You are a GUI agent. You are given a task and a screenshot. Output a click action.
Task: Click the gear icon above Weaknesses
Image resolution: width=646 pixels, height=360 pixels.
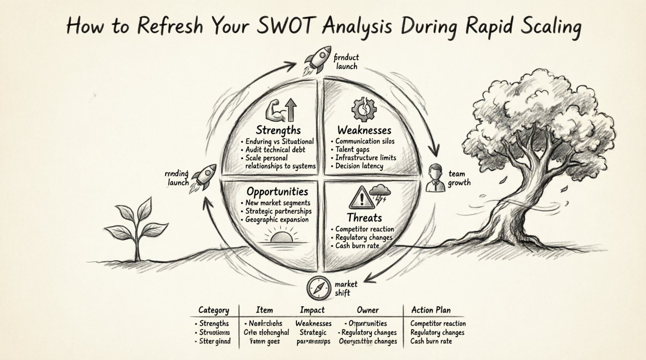pos(364,110)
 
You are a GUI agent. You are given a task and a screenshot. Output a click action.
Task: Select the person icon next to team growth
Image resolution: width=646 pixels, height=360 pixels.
pos(436,178)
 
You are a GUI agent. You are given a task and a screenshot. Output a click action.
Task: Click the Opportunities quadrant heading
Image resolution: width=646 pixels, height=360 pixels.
pos(277,192)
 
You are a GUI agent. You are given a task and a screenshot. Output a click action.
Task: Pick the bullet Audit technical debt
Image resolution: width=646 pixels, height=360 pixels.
pos(275,150)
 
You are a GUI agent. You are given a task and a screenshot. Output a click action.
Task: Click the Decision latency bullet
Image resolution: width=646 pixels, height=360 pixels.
pos(359,166)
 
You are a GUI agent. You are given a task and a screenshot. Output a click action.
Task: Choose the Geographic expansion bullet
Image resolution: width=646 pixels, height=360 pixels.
pos(277,220)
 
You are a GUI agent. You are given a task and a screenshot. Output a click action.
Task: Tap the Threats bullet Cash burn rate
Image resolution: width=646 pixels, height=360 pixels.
pos(357,246)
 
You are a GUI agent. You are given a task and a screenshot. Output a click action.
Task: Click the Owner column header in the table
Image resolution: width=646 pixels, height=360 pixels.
pos(368,310)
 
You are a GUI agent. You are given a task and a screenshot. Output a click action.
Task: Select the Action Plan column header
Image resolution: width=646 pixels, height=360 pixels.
pos(431,310)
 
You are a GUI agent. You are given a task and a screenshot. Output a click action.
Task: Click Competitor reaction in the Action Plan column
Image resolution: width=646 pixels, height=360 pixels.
pos(438,324)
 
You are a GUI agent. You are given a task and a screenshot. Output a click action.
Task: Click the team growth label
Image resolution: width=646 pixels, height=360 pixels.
pos(458,178)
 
